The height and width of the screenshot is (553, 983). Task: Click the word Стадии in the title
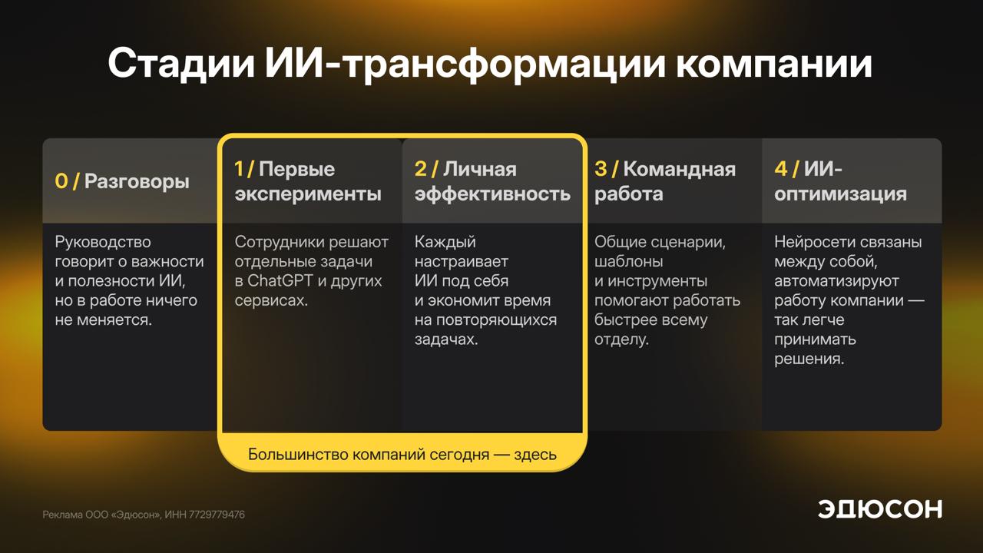coord(181,64)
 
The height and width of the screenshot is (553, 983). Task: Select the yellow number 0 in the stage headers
coord(61,181)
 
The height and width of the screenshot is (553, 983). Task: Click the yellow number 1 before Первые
coord(238,169)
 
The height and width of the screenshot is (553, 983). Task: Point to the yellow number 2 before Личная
coord(420,169)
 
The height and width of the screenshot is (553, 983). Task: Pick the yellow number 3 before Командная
coord(601,169)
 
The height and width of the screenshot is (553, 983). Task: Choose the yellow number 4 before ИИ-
coord(781,169)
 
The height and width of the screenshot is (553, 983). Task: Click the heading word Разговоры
coord(137,182)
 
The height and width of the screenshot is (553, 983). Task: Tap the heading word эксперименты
coord(308,194)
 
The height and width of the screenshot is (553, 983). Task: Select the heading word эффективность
coord(492,194)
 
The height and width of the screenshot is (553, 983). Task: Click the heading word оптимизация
coord(840,194)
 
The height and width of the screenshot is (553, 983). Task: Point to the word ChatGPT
coord(280,281)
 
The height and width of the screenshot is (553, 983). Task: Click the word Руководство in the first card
coord(103,242)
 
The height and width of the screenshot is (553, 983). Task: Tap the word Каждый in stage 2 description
coord(445,242)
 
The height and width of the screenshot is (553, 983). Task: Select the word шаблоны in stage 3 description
coord(628,262)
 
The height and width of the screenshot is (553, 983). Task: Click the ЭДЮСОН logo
coord(880,509)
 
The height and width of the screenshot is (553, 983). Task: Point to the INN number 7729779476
coord(217,515)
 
